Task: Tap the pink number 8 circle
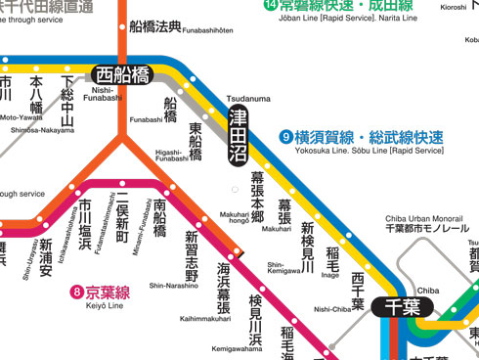(x=77, y=292)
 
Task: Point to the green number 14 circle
(x=271, y=5)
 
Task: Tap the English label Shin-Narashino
(x=174, y=286)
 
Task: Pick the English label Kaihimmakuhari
(x=205, y=319)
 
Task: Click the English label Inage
(x=331, y=275)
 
